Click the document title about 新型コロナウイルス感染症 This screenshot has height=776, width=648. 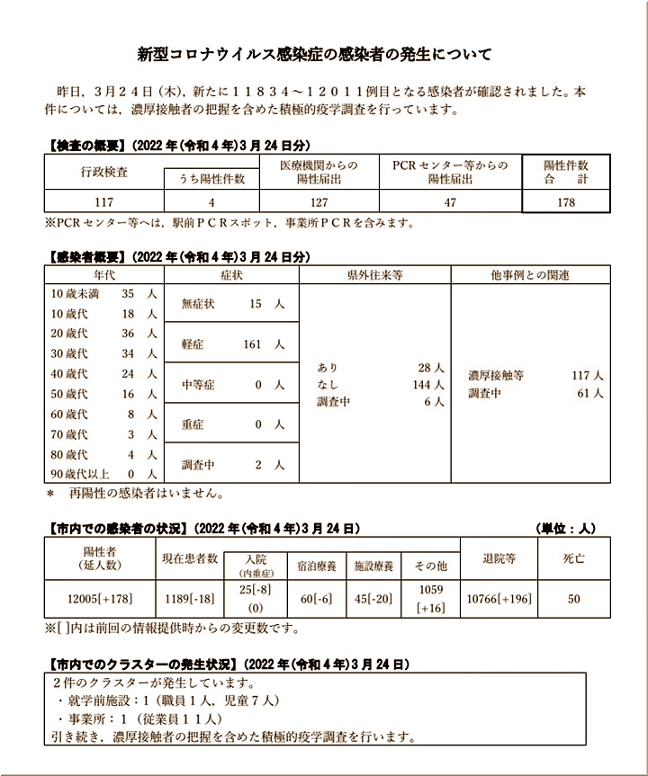pyautogui.click(x=314, y=53)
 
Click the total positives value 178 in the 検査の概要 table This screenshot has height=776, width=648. pyautogui.click(x=565, y=202)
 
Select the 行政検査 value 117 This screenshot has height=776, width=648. pyautogui.click(x=104, y=202)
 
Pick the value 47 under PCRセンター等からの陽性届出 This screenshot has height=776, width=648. pyautogui.click(x=450, y=202)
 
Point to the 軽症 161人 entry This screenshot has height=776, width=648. pyautogui.click(x=232, y=344)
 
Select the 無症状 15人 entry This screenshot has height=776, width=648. pyautogui.click(x=232, y=304)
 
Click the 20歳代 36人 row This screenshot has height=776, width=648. pyautogui.click(x=104, y=334)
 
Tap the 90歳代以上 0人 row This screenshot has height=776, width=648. pyautogui.click(x=104, y=474)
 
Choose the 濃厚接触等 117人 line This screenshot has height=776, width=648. pyautogui.click(x=535, y=374)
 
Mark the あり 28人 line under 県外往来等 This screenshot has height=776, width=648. pyautogui.click(x=381, y=368)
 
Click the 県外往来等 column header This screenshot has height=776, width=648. pyautogui.click(x=374, y=274)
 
